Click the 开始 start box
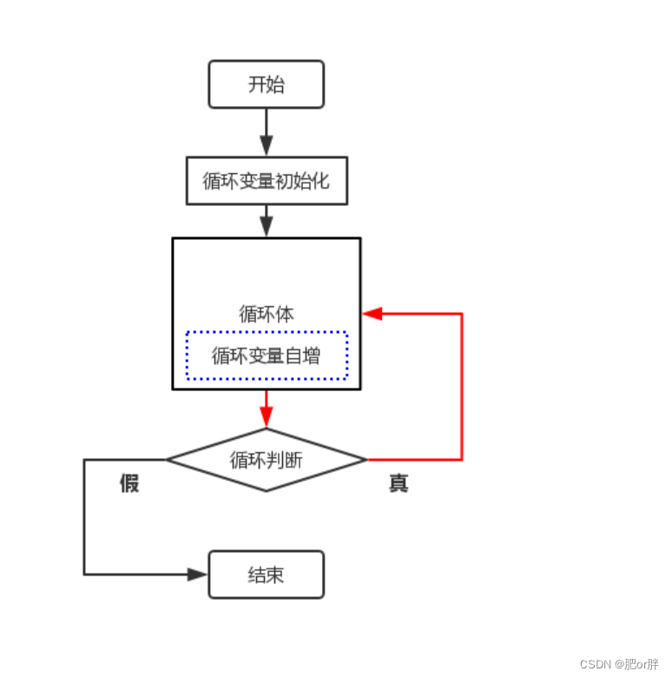pyautogui.click(x=266, y=84)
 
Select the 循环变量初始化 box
pyautogui.click(x=266, y=181)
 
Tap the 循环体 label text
pyautogui.click(x=266, y=314)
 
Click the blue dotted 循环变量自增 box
pyautogui.click(x=266, y=356)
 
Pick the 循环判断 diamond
pyautogui.click(x=266, y=460)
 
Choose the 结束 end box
pyautogui.click(x=266, y=575)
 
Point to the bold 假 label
pyautogui.click(x=129, y=483)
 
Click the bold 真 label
pyautogui.click(x=399, y=483)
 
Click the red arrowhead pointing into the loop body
pyautogui.click(x=372, y=314)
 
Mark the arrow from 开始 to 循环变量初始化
pyautogui.click(x=266, y=132)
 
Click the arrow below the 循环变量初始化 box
pyautogui.click(x=266, y=221)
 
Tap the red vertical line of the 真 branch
pyautogui.click(x=461, y=387)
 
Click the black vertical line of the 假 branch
pyautogui.click(x=84, y=517)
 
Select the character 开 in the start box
pyautogui.click(x=257, y=84)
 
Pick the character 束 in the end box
pyautogui.click(x=275, y=575)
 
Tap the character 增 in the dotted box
pyautogui.click(x=311, y=356)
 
